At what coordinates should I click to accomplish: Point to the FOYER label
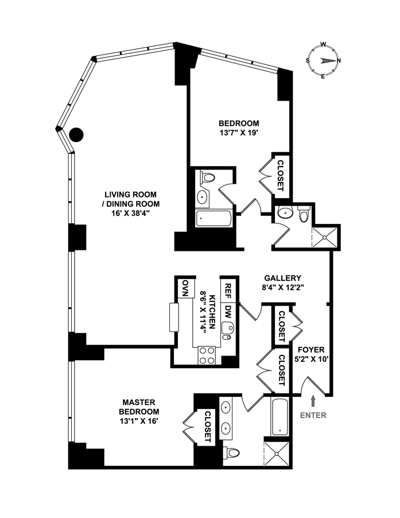tap(310, 349)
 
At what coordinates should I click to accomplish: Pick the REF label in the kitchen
tap(228, 288)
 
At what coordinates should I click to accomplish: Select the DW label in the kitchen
tap(228, 311)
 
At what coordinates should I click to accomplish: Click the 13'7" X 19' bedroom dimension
tap(239, 134)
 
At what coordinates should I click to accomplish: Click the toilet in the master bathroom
tap(232, 452)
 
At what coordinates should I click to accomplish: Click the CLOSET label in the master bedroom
tap(207, 427)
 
